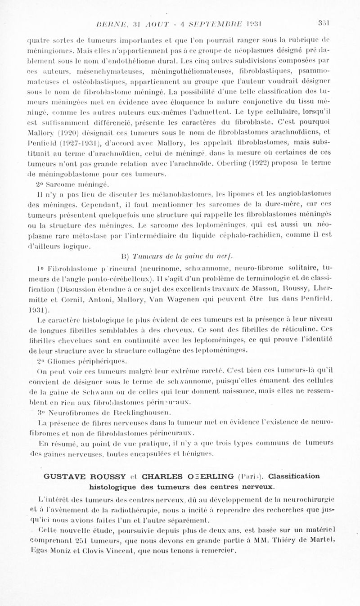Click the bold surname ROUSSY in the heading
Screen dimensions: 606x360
coord(116,476)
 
